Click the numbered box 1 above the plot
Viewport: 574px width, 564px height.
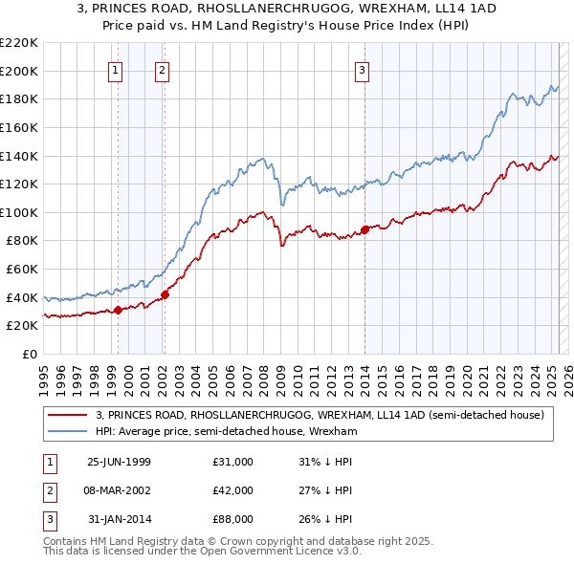115,69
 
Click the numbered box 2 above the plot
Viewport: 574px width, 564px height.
163,69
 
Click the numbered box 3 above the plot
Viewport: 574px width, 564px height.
364,69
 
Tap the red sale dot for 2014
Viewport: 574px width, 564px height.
364,229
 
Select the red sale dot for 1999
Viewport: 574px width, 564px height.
119,310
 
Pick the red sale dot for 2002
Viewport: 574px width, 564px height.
165,294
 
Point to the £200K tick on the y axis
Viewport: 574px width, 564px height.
19,71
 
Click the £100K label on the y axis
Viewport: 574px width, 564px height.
19,212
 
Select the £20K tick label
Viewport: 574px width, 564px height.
22,326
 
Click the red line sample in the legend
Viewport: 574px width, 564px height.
67,415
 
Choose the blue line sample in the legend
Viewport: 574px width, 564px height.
67,432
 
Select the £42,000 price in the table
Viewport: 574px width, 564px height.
233,490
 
